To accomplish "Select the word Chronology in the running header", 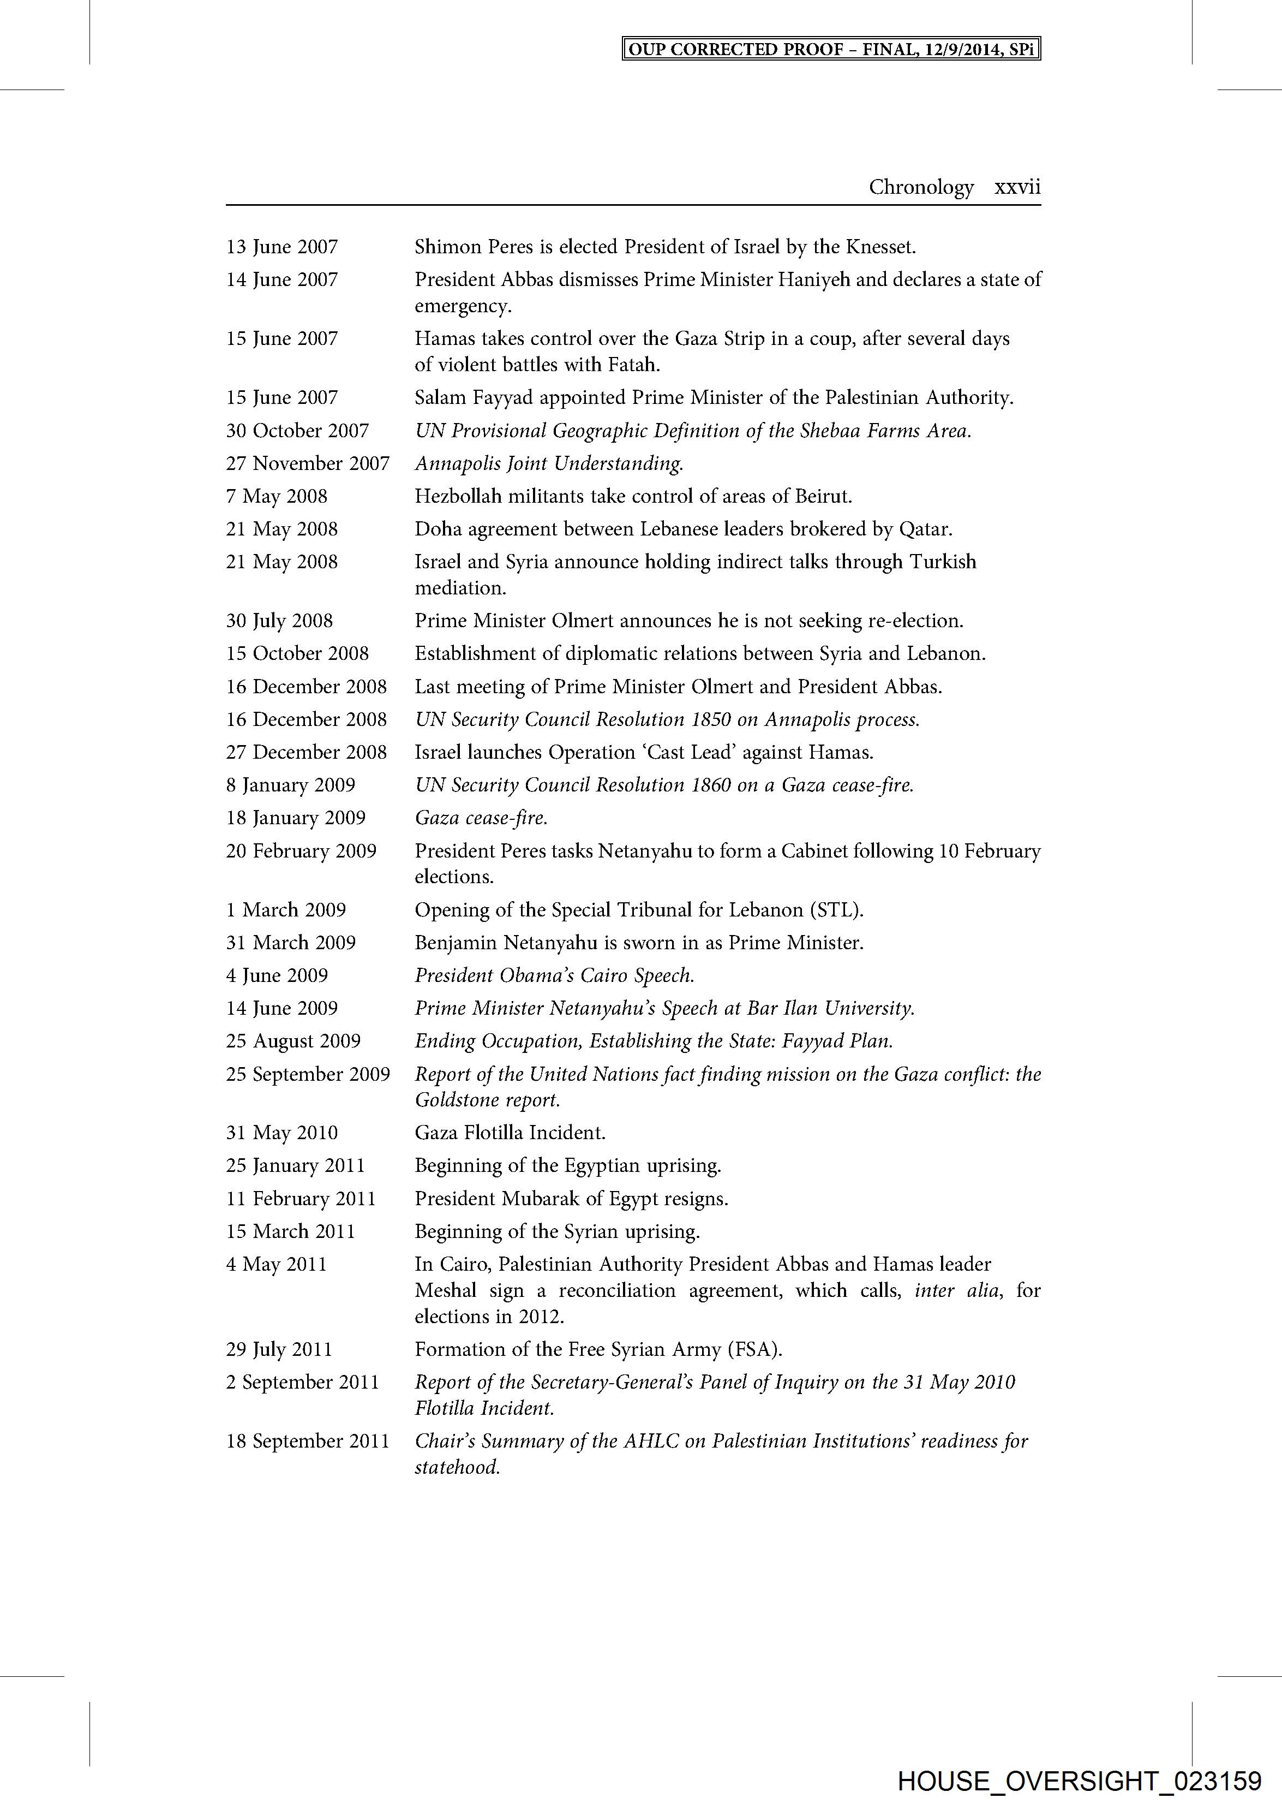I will click(921, 187).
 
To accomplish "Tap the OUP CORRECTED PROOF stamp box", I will click(831, 49).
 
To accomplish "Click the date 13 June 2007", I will click(282, 247).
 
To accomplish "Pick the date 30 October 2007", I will click(298, 431).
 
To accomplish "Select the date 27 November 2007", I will click(308, 463).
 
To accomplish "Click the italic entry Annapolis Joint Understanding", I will click(549, 463).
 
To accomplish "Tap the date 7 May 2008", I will click(276, 496).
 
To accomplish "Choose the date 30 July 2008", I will click(279, 621).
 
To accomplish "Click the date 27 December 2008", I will click(306, 752).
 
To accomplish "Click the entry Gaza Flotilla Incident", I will click(510, 1133).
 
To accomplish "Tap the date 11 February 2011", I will click(301, 1198).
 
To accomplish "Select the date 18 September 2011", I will click(308, 1440).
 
